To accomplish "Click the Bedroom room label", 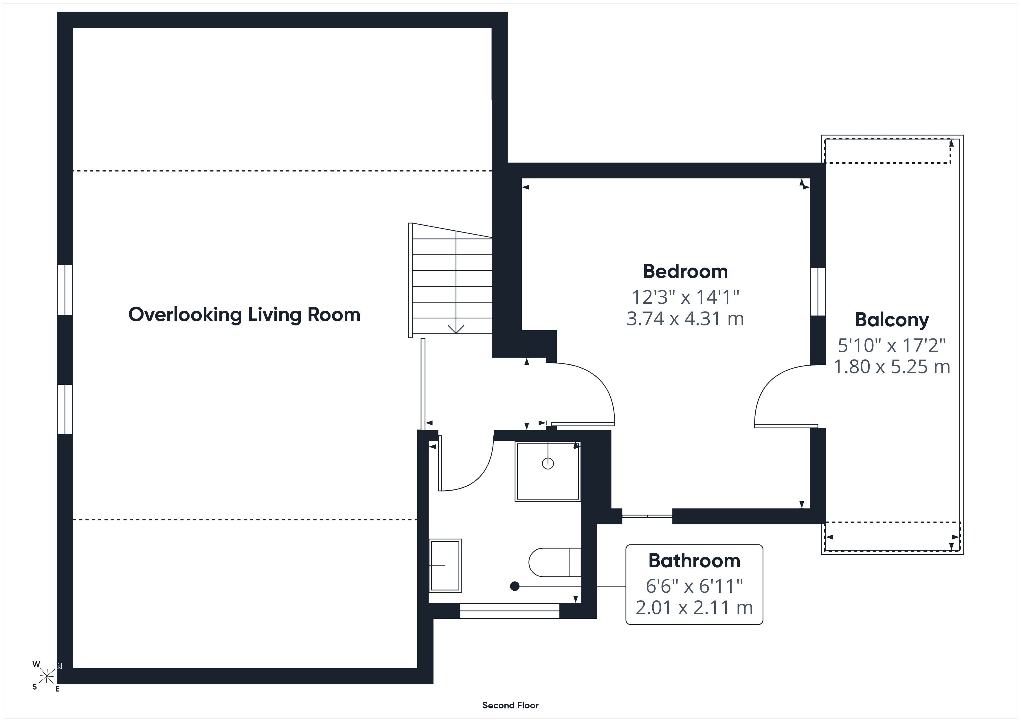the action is [685, 272].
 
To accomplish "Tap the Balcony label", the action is [892, 320].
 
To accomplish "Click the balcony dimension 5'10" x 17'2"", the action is [892, 345].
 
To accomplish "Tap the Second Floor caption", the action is [510, 705].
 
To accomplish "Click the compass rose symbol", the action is [47, 677].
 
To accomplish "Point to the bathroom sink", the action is [445, 566].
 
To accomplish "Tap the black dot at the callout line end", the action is [515, 586].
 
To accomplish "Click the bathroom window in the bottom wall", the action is [510, 611].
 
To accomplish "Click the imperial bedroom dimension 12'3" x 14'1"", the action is [685, 296].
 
